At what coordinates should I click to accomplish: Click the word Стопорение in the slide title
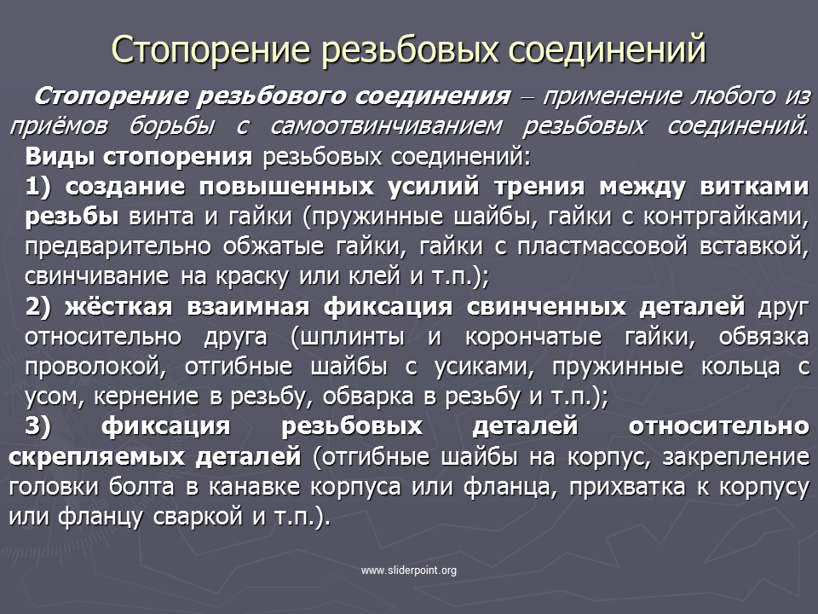210,50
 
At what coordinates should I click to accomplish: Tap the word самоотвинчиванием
387,126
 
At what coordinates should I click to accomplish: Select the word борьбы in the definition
172,127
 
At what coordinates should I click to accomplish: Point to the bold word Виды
59,156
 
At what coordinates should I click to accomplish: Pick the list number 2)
38,306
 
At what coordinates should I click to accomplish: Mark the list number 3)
38,426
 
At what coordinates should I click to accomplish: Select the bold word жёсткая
118,306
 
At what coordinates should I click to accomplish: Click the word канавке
254,487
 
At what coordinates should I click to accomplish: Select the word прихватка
627,487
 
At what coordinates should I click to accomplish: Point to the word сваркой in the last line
199,517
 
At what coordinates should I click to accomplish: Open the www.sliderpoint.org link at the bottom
408,571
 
